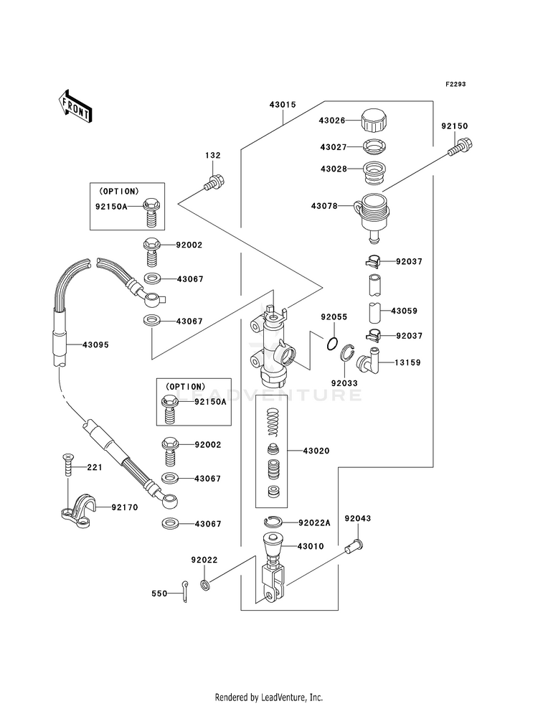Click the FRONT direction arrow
point(75,106)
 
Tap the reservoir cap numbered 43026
point(374,120)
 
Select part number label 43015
point(283,105)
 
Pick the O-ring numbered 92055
point(331,344)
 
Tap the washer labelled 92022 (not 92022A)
point(205,585)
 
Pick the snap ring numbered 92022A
point(273,522)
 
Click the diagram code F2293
point(456,84)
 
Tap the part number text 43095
point(95,344)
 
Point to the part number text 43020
point(316,451)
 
